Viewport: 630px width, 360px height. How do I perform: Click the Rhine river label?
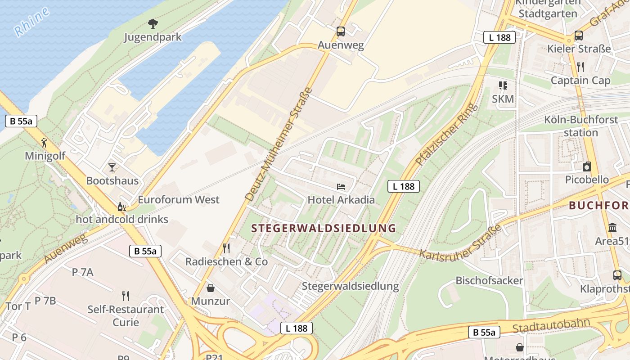[31, 22]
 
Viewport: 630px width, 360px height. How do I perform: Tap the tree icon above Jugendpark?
[153, 23]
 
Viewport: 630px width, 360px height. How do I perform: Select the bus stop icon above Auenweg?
[341, 31]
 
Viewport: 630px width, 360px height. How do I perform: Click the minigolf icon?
[44, 143]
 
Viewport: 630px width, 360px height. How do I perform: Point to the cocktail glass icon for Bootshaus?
[112, 167]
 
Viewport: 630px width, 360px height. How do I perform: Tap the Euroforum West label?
[179, 199]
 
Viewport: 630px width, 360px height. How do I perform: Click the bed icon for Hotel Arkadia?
[341, 186]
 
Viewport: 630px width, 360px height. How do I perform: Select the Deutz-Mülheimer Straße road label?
[279, 144]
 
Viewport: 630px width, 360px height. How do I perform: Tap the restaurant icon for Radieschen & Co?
[226, 248]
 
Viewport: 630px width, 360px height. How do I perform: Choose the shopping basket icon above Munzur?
[210, 288]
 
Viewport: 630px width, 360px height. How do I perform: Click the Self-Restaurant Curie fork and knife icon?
[126, 296]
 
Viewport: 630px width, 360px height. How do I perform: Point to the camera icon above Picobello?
[587, 166]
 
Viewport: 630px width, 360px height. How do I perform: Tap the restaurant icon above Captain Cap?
[580, 67]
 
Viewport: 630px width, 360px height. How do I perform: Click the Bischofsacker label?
[489, 281]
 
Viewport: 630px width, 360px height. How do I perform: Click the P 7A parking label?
[83, 272]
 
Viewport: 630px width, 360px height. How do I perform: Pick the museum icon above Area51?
[612, 228]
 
